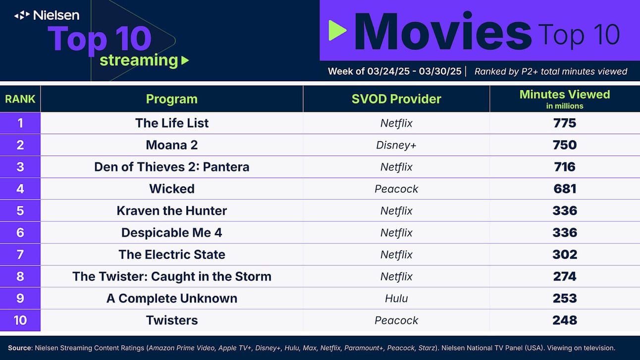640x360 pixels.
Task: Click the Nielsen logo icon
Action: (22, 15)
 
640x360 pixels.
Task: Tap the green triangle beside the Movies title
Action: (338, 30)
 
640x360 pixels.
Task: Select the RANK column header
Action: (20, 99)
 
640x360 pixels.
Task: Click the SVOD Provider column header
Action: (396, 99)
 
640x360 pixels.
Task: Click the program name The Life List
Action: (172, 123)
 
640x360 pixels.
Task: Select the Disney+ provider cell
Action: (396, 145)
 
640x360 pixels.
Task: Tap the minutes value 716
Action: (565, 167)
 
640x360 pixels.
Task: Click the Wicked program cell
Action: (172, 189)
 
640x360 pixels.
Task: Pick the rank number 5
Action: (20, 211)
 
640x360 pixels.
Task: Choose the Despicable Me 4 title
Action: (172, 233)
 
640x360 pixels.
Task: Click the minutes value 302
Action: (565, 255)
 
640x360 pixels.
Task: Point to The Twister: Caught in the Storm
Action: (172, 277)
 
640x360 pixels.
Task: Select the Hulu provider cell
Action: (396, 299)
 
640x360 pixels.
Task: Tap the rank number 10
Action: (20, 320)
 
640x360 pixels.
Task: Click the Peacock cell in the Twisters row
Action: (396, 320)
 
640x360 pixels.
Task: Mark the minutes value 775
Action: (565, 123)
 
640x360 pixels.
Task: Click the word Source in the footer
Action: (20, 348)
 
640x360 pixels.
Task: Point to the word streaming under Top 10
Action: (139, 60)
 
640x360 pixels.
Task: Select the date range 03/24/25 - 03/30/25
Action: (414, 71)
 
